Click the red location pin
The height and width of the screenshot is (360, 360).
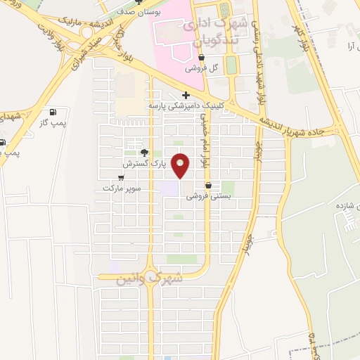point(181,166)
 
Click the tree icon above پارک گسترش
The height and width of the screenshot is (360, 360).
point(144,153)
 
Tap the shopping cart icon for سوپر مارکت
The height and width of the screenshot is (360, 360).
point(122,177)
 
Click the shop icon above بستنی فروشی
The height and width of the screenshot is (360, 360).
point(207,186)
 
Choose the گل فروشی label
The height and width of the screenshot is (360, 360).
point(202,69)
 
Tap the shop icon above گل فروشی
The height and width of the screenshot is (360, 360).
point(202,58)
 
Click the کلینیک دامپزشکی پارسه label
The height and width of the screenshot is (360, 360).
point(185,105)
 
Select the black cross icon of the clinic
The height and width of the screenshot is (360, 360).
point(186,95)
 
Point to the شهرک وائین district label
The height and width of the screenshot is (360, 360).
point(151,278)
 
